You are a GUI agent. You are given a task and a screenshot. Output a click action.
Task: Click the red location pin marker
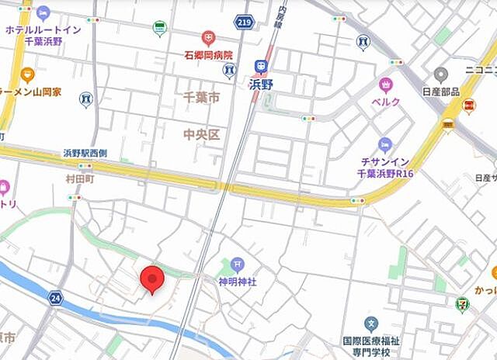click(x=151, y=279)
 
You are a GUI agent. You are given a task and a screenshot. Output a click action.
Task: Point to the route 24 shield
click(x=54, y=296)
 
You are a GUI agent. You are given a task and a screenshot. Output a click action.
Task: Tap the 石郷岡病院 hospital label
click(x=208, y=54)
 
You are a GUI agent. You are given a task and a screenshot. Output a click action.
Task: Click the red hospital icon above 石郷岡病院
click(x=208, y=37)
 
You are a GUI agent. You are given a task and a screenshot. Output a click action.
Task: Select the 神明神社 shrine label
click(x=237, y=282)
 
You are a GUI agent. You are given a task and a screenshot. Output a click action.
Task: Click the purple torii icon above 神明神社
click(x=237, y=265)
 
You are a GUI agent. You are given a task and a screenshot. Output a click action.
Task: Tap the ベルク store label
click(x=386, y=102)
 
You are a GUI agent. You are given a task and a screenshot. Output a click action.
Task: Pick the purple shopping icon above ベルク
click(x=386, y=85)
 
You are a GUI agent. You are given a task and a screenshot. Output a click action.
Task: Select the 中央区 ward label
click(x=201, y=134)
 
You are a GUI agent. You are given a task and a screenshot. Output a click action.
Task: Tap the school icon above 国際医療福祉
click(x=372, y=324)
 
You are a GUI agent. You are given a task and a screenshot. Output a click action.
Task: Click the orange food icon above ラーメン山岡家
click(x=28, y=75)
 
